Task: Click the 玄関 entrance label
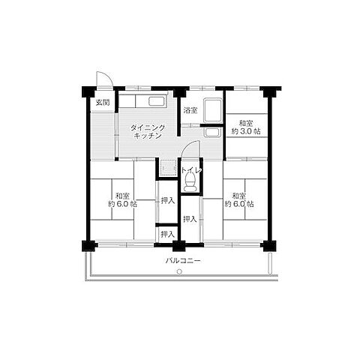pyautogui.click(x=103, y=102)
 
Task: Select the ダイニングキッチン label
pyautogui.click(x=148, y=132)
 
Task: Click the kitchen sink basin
pyautogui.click(x=157, y=101)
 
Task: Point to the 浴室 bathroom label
pyautogui.click(x=190, y=110)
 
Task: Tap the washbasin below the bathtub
pyautogui.click(x=212, y=133)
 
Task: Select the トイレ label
pyautogui.click(x=191, y=170)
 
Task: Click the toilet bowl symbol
pyautogui.click(x=190, y=182)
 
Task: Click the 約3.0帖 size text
pyautogui.click(x=246, y=131)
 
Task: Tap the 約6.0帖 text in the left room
pyautogui.click(x=122, y=204)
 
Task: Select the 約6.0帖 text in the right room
pyautogui.click(x=239, y=204)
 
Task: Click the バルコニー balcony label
pyautogui.click(x=183, y=261)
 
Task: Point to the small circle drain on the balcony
pyautogui.click(x=179, y=271)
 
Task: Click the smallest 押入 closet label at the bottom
pyautogui.click(x=167, y=235)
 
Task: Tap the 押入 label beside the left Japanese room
pyautogui.click(x=167, y=200)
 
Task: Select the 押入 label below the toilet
pyautogui.click(x=190, y=219)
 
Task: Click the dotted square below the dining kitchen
pyautogui.click(x=166, y=167)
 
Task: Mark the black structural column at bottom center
pyautogui.click(x=179, y=246)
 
